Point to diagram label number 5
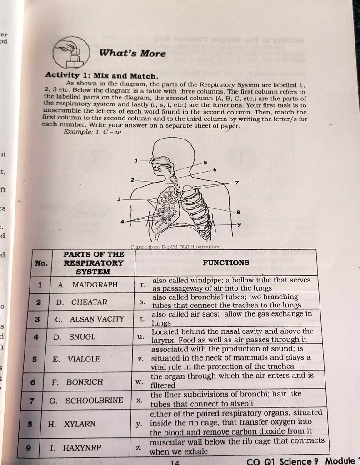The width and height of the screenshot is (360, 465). coord(205,163)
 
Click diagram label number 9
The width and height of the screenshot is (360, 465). coord(239,225)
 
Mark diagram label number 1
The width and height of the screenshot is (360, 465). coord(136,160)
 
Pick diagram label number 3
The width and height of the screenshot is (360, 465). coord(119,199)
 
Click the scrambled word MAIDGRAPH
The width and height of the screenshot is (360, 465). coord(95,285)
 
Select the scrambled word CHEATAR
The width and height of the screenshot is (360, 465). coord(89,302)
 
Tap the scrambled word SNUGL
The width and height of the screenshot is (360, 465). coord(82,337)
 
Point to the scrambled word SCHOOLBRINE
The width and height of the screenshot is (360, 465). coord(94,401)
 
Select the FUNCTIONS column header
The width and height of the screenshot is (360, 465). coord(226,262)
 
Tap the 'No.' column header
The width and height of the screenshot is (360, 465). coord(41,263)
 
